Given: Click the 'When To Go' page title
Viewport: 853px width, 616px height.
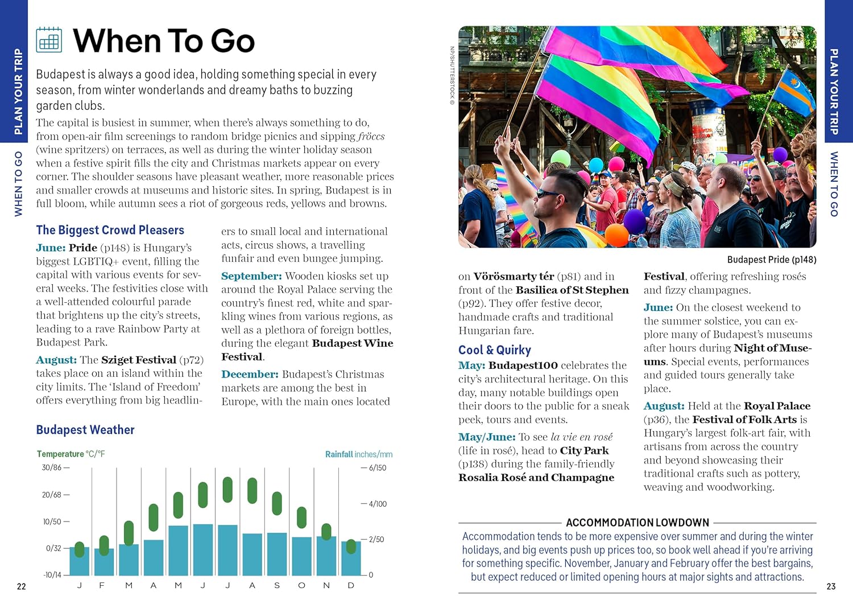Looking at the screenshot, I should [164, 41].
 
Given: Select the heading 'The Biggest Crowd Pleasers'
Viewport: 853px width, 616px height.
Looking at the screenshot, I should [110, 230].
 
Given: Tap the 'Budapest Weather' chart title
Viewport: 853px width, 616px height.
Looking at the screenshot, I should [85, 430].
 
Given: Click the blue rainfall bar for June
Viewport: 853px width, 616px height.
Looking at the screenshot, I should [203, 549].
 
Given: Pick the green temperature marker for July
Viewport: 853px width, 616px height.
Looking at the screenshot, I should [227, 490].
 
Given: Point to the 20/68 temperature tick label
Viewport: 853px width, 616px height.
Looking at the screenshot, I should [52, 495].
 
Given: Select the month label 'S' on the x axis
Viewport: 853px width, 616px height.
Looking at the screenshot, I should [277, 585].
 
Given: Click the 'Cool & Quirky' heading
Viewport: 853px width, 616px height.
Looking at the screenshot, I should [495, 350].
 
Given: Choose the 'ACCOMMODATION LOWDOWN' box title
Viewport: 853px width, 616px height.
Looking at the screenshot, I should [637, 523].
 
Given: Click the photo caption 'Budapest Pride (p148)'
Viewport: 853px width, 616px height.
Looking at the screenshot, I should [772, 260].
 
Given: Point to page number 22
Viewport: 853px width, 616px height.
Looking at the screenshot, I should [22, 586].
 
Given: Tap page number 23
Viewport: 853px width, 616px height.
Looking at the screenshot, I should [831, 586].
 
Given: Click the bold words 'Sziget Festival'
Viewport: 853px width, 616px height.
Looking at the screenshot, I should [139, 360].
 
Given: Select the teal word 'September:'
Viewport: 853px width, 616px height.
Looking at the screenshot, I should [251, 276].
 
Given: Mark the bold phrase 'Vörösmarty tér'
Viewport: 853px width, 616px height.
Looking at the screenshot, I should [514, 277].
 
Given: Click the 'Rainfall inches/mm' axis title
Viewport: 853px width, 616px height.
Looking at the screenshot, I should [359, 454].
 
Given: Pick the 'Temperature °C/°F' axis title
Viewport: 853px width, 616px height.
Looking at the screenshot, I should [71, 454].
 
